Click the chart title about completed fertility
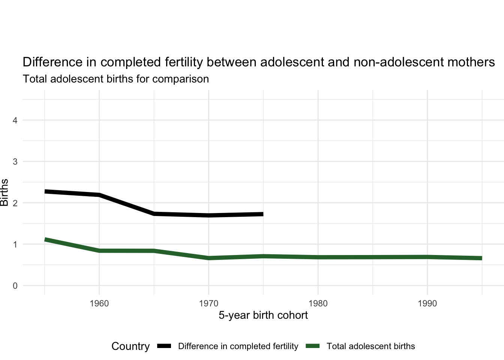tap(259, 62)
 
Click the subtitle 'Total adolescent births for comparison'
tap(116, 79)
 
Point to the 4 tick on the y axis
tap(15, 120)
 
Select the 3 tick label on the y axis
tap(15, 162)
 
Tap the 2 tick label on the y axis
tap(15, 203)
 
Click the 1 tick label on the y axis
tap(15, 244)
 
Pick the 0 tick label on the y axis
tap(15, 286)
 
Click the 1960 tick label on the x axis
tap(99, 303)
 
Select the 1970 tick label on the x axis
tap(208, 303)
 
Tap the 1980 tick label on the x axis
tap(318, 303)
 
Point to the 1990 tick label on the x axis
tap(427, 303)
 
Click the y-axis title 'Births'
tap(4, 193)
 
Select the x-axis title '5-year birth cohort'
tap(263, 315)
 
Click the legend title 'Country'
tap(130, 346)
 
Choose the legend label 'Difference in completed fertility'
tap(238, 346)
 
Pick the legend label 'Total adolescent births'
tap(370, 346)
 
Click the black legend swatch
tap(164, 346)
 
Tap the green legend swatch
tap(313, 346)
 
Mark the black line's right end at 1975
tap(263, 214)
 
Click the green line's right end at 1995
tap(481, 258)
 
